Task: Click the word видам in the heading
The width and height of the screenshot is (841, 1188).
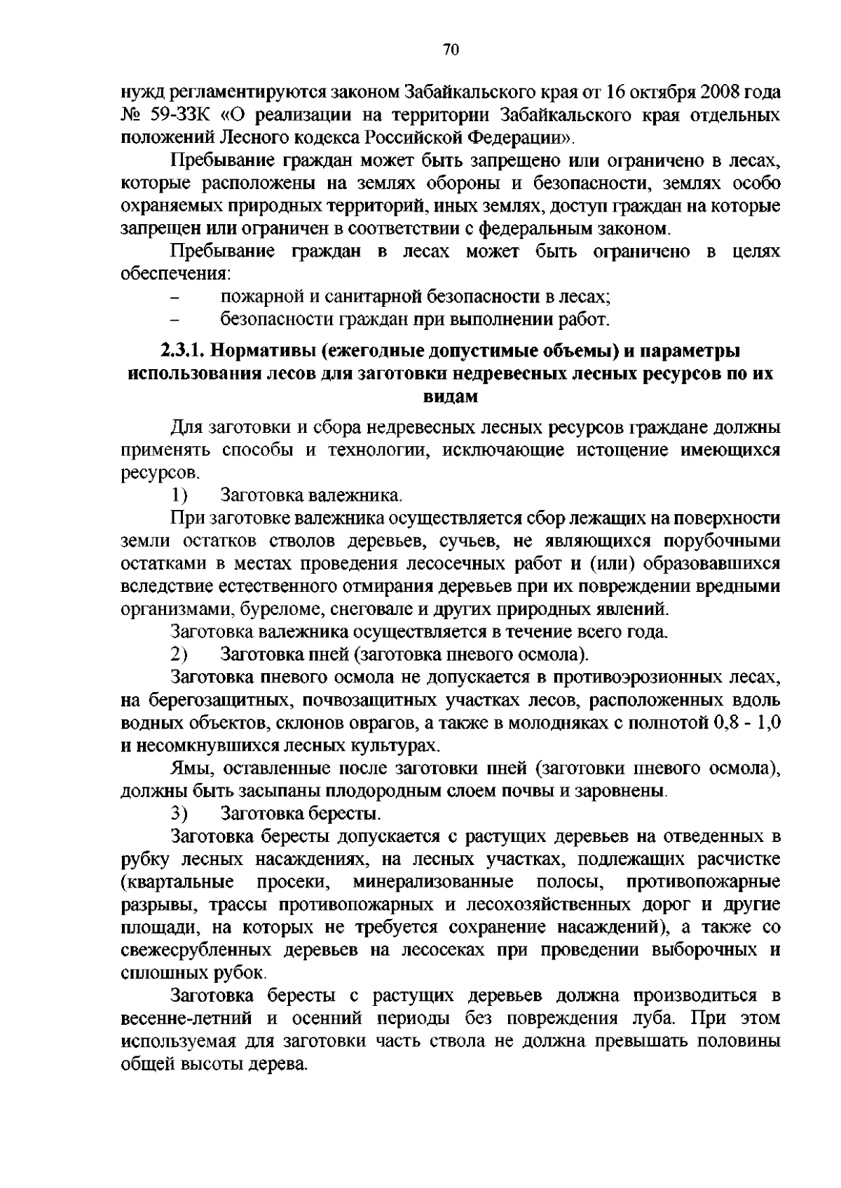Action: (451, 396)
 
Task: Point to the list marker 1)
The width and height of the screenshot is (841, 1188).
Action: (179, 496)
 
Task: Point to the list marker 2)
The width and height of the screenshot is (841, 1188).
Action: (179, 655)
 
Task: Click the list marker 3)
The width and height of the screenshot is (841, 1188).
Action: (179, 814)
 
